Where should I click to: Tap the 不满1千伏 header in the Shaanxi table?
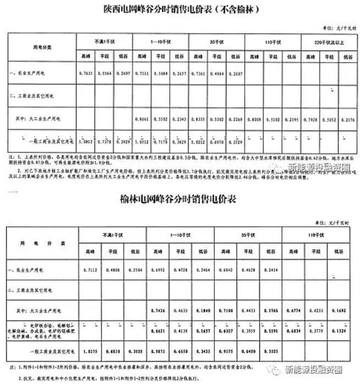(x=104, y=42)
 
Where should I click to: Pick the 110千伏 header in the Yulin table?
(x=315, y=235)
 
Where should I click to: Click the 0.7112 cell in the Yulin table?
(x=90, y=271)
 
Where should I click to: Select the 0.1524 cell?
(x=339, y=331)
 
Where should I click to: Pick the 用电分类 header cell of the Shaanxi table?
(x=42, y=47)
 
